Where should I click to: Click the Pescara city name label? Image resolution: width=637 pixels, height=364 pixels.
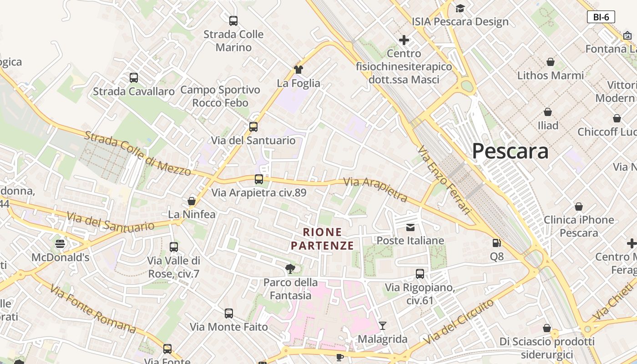[510, 151]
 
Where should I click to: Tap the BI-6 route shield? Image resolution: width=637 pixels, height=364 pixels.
[601, 17]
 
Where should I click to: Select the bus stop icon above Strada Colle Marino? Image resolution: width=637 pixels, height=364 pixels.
[233, 21]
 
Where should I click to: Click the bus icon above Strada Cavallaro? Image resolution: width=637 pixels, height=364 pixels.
[133, 78]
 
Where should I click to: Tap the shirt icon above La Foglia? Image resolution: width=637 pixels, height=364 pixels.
[298, 70]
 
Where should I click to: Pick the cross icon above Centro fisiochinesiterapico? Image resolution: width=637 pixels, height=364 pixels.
[404, 40]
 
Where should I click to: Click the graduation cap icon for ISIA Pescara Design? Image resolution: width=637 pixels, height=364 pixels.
[460, 8]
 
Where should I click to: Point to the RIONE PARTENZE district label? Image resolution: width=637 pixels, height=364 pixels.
[322, 239]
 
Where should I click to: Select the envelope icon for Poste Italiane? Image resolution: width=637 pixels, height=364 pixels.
[410, 227]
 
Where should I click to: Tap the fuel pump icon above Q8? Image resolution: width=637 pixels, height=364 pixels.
[497, 243]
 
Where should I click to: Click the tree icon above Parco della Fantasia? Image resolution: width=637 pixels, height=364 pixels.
[290, 269]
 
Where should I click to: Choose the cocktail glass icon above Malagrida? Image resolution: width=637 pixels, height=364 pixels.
[383, 325]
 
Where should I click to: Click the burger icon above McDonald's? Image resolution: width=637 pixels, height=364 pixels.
[60, 244]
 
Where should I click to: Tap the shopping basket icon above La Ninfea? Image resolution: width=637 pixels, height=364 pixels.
[192, 201]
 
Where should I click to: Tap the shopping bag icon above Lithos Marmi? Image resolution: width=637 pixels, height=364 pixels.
[551, 62]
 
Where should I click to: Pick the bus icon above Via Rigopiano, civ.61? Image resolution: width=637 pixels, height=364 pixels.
[420, 274]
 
